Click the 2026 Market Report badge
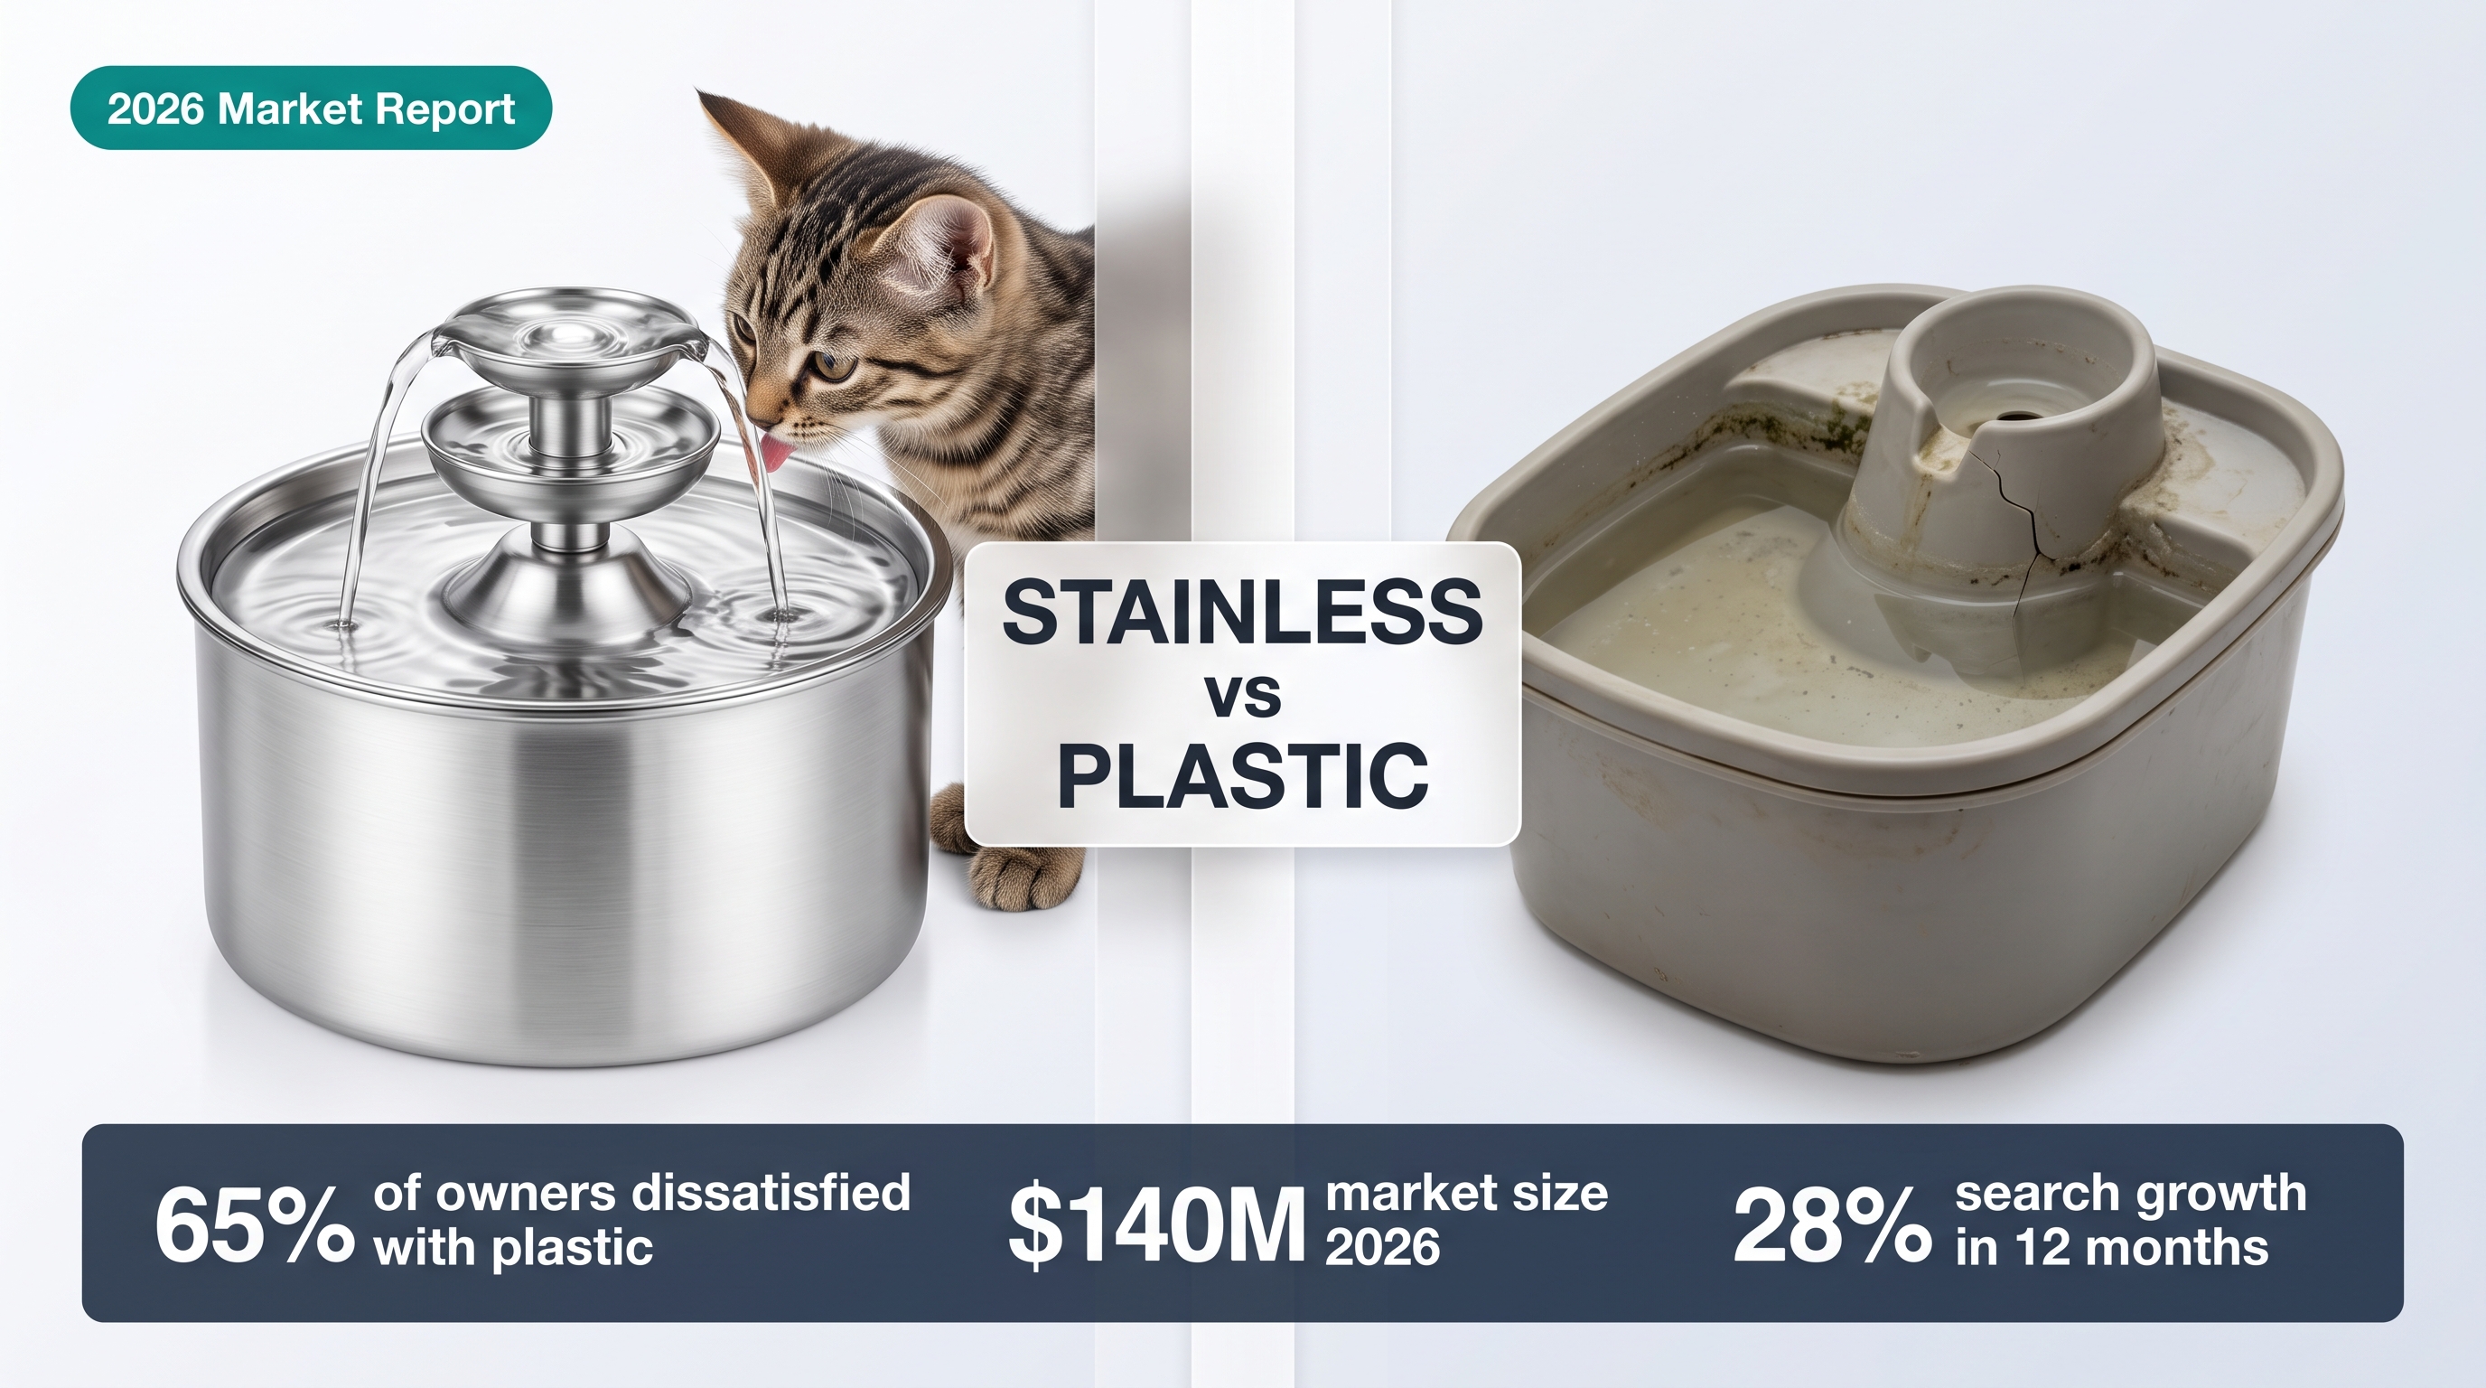311,108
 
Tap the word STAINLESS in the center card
1243,613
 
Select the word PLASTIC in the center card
1243,776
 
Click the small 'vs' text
1244,695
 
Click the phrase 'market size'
1467,1194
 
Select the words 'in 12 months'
2111,1249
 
